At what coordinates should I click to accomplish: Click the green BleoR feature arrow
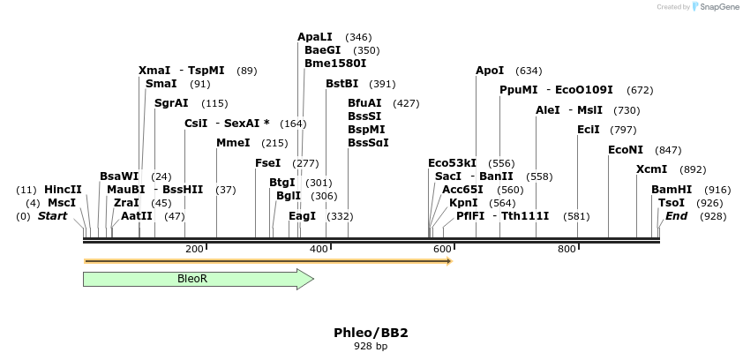[x=198, y=279]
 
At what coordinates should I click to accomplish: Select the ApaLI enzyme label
[x=315, y=37]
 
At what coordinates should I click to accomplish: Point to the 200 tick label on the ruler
[x=195, y=250]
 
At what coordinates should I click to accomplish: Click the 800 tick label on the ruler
[x=567, y=250]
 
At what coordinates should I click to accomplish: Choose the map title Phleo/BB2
[x=371, y=333]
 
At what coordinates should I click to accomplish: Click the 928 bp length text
[x=371, y=346]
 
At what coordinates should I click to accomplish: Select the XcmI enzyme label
[x=652, y=169]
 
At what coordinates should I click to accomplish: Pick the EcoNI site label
[x=626, y=150]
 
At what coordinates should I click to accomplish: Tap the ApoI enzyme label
[x=490, y=71]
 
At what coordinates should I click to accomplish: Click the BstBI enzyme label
[x=341, y=84]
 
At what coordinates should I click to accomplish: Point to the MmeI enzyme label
[x=233, y=143]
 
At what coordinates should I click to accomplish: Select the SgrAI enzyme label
[x=171, y=103]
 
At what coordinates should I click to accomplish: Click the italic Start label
[x=52, y=216]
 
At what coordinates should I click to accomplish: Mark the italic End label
[x=676, y=216]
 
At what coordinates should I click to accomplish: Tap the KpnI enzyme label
[x=463, y=203]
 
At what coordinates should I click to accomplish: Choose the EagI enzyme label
[x=302, y=216]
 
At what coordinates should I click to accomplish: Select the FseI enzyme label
[x=267, y=163]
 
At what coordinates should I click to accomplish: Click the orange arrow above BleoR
[x=267, y=261]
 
